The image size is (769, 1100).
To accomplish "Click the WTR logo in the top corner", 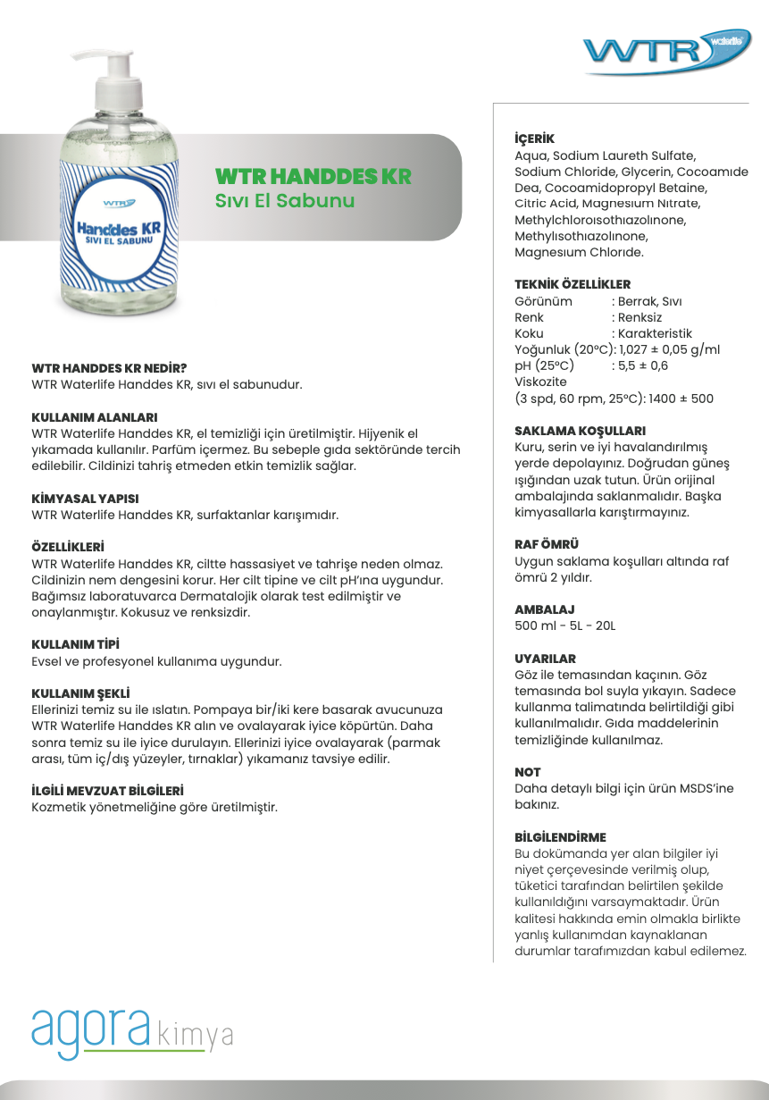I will pyautogui.click(x=668, y=53).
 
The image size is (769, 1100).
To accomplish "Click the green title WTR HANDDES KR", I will pyautogui.click(x=313, y=176).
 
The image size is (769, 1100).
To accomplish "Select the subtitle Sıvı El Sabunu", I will pyautogui.click(x=285, y=200).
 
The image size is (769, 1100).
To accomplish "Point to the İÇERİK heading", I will pyautogui.click(x=534, y=139).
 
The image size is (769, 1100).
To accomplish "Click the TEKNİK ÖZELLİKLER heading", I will pyautogui.click(x=573, y=284).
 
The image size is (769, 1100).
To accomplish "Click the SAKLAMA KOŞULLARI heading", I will pyautogui.click(x=580, y=431).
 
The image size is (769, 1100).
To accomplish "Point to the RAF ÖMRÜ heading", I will pyautogui.click(x=547, y=544).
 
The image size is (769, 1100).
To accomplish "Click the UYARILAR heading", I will pyautogui.click(x=545, y=659).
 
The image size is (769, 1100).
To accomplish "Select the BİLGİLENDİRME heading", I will pyautogui.click(x=560, y=837).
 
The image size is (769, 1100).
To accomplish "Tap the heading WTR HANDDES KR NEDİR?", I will pyautogui.click(x=109, y=367).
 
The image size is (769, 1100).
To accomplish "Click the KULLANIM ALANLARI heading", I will pyautogui.click(x=95, y=417).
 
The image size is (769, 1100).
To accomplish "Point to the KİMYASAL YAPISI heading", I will pyautogui.click(x=85, y=499).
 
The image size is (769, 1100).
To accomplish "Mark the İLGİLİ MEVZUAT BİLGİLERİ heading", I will pyautogui.click(x=107, y=791).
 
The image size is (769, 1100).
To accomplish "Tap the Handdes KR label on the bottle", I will pyautogui.click(x=118, y=232).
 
